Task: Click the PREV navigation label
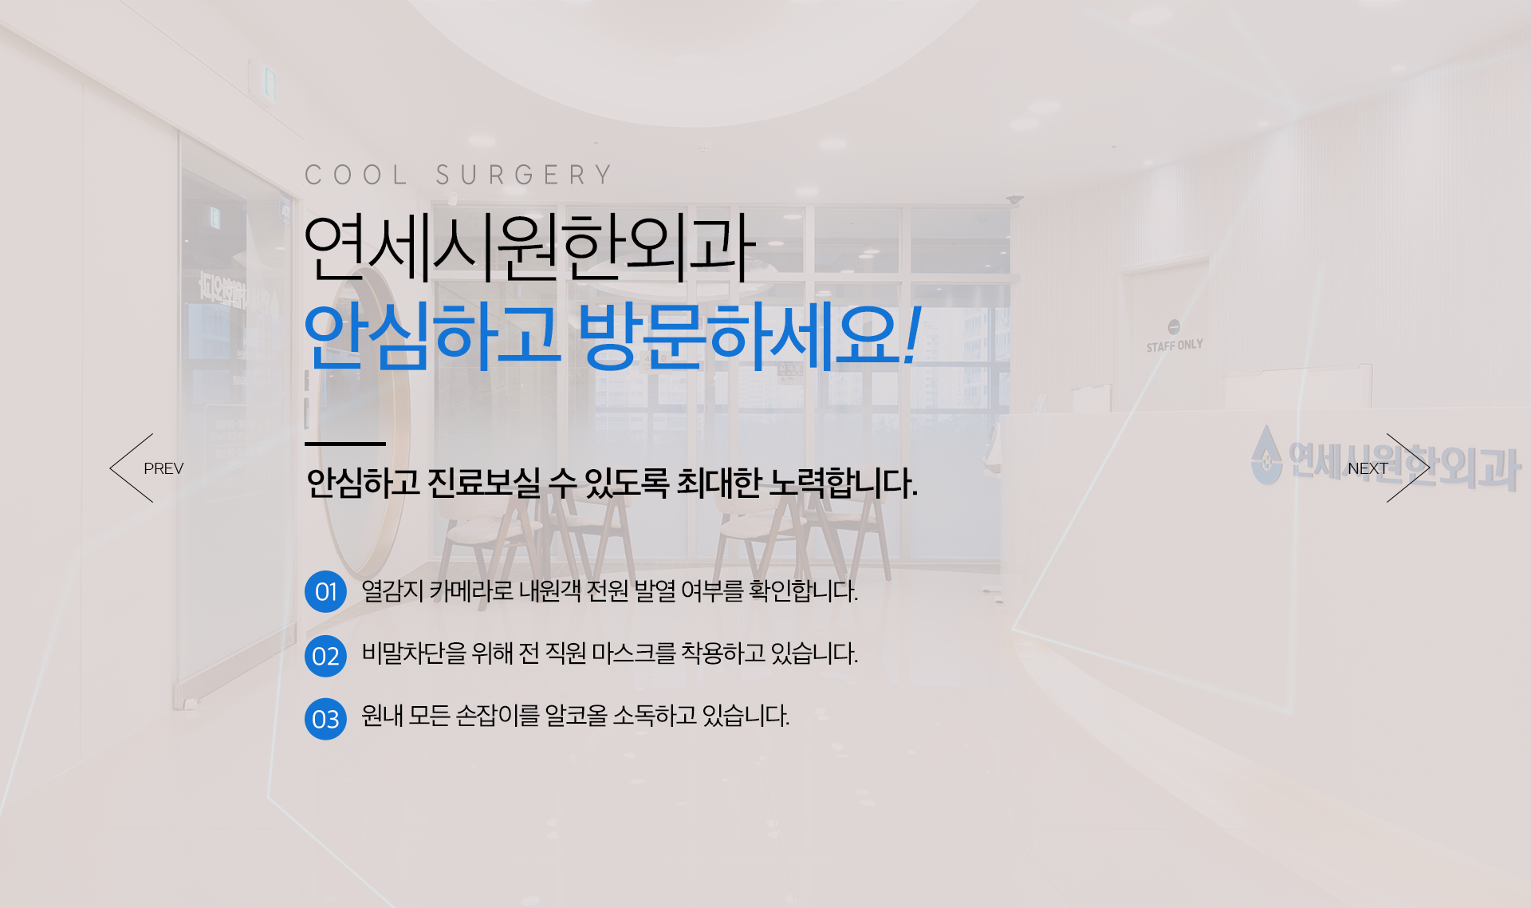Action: pos(163,468)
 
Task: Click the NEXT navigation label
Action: pos(1368,468)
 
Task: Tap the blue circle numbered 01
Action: pos(325,592)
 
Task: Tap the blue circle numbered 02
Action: pos(325,656)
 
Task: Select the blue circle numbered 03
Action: pos(325,719)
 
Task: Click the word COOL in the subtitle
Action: pos(356,175)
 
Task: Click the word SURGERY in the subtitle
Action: pos(524,175)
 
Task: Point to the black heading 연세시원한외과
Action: pos(529,247)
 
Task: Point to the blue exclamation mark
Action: pos(912,335)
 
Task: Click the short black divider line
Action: pos(345,444)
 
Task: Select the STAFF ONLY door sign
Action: pos(1175,337)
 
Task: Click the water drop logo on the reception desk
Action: pos(1265,455)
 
